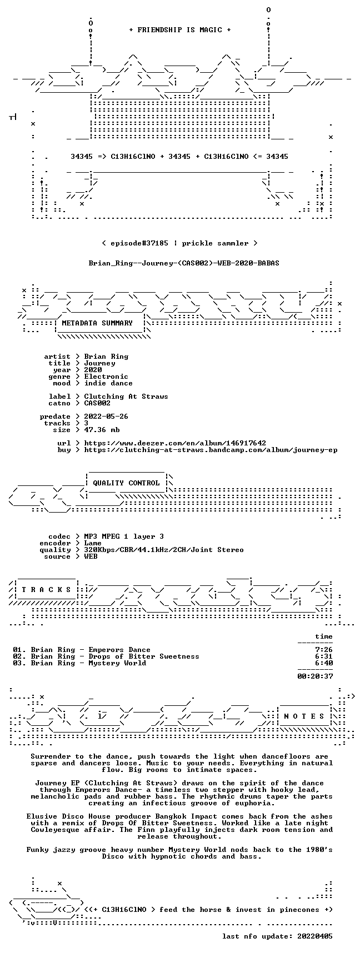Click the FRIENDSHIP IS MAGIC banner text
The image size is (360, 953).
coord(179,30)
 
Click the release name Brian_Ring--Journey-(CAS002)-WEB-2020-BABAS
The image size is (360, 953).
coord(184,263)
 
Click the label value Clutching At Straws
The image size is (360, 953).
coord(126,397)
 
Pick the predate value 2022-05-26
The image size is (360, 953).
coord(106,417)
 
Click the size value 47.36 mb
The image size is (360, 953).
coord(102,430)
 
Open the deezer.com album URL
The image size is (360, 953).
coord(175,443)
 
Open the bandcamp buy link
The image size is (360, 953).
coord(211,450)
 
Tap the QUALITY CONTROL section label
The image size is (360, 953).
coord(126,483)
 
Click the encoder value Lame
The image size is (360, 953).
coord(93,543)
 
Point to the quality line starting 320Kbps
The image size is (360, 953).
coord(164,550)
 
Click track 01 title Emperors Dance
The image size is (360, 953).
coord(119,650)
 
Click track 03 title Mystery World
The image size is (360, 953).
coord(117,663)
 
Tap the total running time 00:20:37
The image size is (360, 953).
coord(315,676)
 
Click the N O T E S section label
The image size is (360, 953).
coord(304,716)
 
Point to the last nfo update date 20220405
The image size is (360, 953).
coord(315,936)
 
